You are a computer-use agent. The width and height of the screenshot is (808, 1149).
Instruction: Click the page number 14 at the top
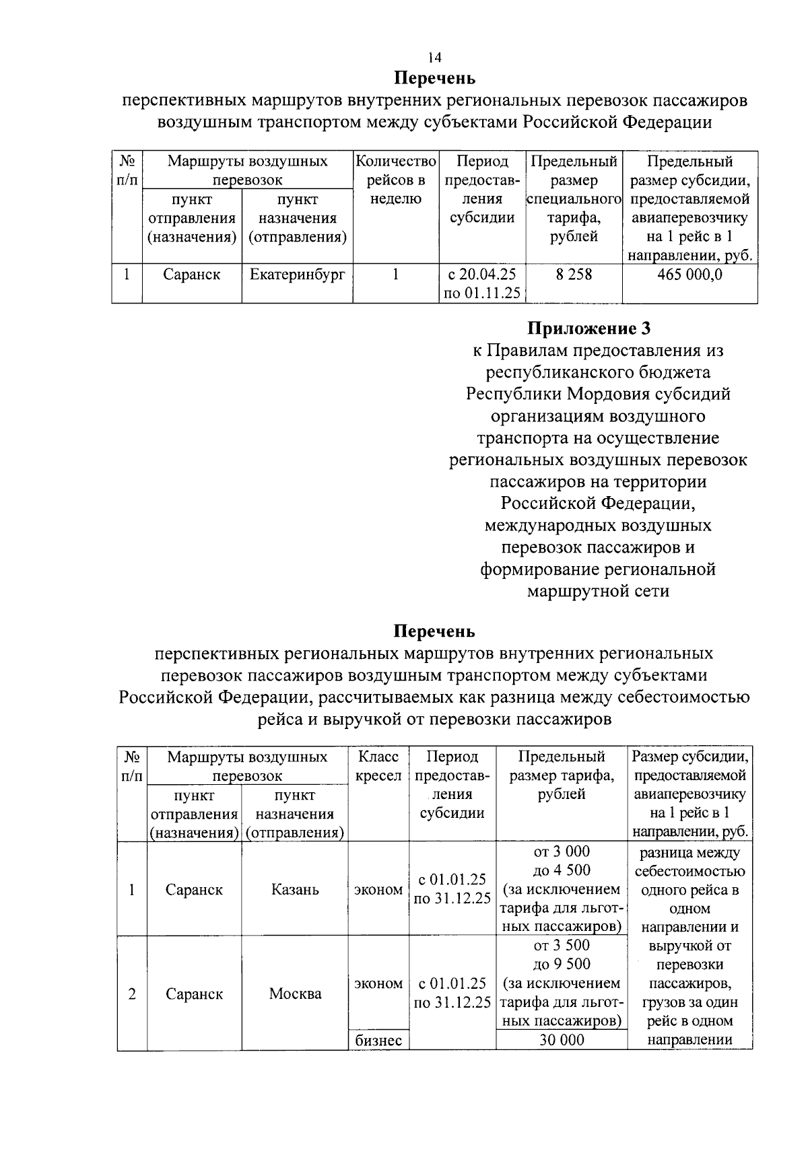click(x=435, y=58)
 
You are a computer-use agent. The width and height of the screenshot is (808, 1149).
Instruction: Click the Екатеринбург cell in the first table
click(x=297, y=275)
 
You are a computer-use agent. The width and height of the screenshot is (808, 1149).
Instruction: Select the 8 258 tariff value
click(x=574, y=275)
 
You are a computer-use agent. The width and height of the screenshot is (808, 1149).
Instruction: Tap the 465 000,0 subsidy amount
click(x=689, y=275)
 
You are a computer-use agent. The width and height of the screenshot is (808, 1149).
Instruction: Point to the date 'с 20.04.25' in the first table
click(x=482, y=275)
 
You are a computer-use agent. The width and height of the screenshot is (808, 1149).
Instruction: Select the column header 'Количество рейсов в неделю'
click(x=396, y=180)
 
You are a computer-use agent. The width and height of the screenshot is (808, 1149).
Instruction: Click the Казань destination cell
click(x=295, y=890)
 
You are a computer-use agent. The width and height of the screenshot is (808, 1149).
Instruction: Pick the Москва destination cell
click(x=295, y=994)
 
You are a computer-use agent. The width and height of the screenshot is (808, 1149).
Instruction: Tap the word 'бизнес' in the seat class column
click(x=378, y=1041)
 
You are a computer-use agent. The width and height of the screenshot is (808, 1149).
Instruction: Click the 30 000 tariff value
click(x=562, y=1041)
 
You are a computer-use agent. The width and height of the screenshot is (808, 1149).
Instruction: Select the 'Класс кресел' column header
click(x=378, y=766)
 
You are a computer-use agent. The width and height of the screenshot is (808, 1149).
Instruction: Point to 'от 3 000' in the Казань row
click(x=562, y=852)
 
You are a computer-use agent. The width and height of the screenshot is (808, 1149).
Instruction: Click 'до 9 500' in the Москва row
click(x=562, y=965)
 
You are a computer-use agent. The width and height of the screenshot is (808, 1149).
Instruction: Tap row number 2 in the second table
click(x=132, y=994)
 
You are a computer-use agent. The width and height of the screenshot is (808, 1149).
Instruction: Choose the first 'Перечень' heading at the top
click(x=435, y=79)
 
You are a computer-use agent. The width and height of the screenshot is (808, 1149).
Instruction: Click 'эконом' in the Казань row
click(x=378, y=890)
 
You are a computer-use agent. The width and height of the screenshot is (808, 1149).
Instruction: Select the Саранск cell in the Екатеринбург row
click(x=192, y=275)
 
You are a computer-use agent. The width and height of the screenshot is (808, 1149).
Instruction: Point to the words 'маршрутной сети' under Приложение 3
click(x=598, y=592)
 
